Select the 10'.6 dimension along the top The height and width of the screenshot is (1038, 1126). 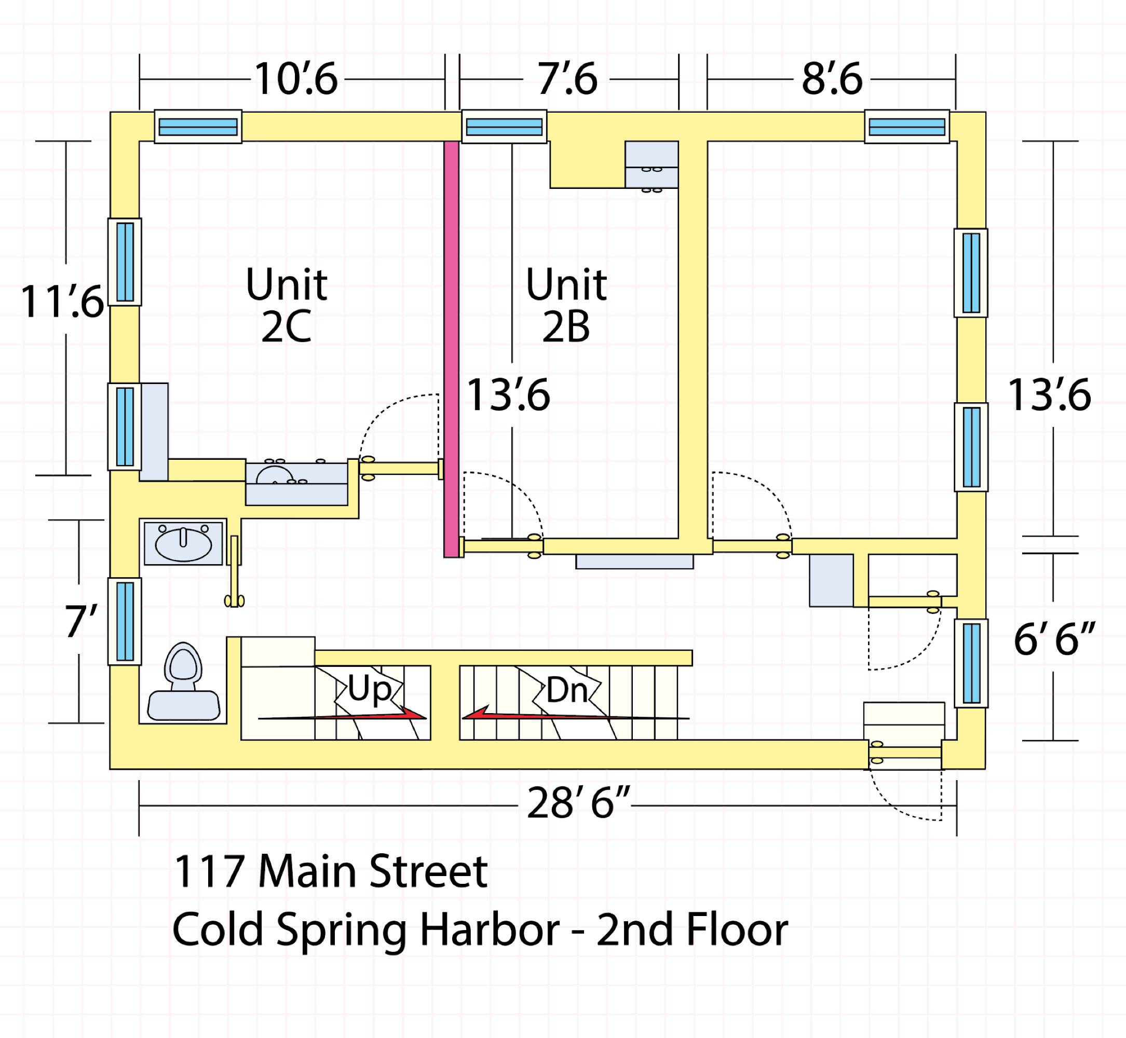[x=296, y=79]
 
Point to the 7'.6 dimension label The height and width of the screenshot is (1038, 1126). [x=567, y=79]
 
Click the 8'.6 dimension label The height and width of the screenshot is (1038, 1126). [x=832, y=79]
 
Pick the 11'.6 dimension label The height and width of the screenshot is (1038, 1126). [x=62, y=302]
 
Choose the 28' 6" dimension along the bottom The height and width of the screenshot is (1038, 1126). [x=579, y=803]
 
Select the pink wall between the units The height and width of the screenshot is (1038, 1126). [x=451, y=349]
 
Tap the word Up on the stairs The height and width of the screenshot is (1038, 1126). [x=369, y=689]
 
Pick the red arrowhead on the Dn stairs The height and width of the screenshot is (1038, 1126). [x=477, y=713]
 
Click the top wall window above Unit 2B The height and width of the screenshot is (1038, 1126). [x=505, y=127]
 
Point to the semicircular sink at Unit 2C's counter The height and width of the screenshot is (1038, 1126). [x=275, y=475]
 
